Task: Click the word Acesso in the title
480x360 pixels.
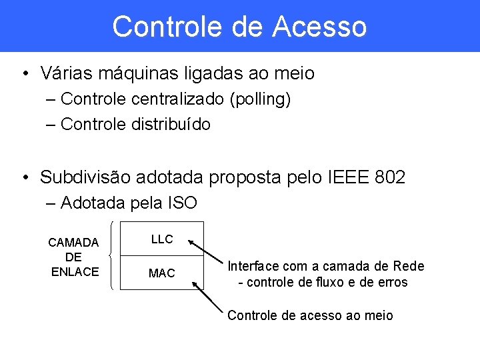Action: click(x=319, y=27)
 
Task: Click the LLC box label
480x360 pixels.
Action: click(x=162, y=239)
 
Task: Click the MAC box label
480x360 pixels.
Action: click(x=162, y=273)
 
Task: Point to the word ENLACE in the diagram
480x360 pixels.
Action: click(x=75, y=271)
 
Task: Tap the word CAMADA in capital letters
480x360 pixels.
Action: click(x=73, y=242)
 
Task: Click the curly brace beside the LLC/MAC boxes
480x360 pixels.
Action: click(x=111, y=256)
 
